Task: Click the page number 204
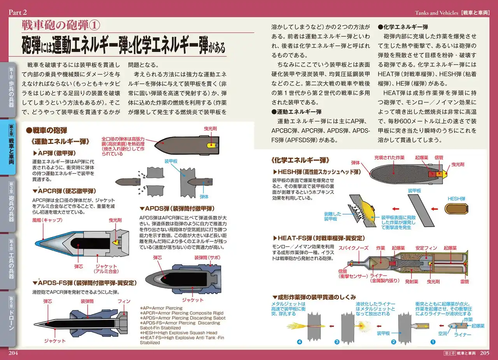coord(13,353)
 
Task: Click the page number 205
coord(484,353)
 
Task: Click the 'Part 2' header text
coord(18,12)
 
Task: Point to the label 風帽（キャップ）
coord(47,220)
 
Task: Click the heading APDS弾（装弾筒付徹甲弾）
coord(177,208)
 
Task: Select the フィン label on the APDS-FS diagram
coord(124,301)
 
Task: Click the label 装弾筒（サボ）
coord(207,257)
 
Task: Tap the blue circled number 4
coord(300,342)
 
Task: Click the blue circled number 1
coord(433,342)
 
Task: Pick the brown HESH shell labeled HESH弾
coord(456,209)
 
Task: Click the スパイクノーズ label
coord(354,248)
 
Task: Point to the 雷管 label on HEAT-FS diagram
coord(465,282)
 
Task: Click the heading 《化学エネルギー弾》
coord(300,160)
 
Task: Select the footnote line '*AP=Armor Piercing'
coord(161,308)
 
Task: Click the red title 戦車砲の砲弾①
coord(61,25)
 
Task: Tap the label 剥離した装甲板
coord(333,217)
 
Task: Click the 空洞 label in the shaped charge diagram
coord(442,334)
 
